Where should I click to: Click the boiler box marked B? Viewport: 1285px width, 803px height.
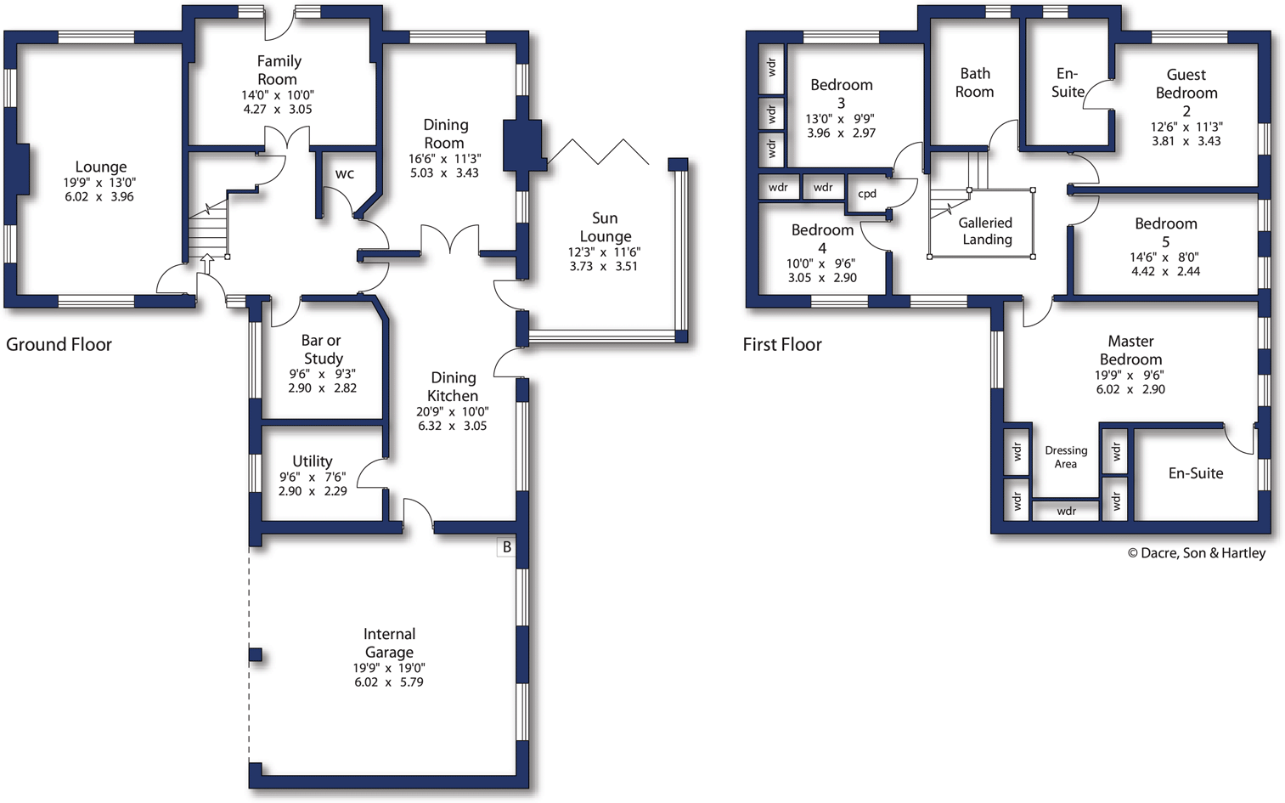[x=507, y=547]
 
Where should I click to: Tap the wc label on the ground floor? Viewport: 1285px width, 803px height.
[x=345, y=173]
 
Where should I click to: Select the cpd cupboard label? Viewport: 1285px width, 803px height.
[x=867, y=194]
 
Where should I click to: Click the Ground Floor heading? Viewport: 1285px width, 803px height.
[x=59, y=344]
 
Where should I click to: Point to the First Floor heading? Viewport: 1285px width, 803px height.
[x=782, y=344]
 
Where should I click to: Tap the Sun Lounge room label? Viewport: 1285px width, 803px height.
[x=606, y=227]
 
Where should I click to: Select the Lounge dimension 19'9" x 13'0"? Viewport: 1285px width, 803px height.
[x=99, y=183]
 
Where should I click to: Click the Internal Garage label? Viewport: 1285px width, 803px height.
[x=389, y=642]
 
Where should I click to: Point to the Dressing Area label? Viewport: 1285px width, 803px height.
[x=1066, y=457]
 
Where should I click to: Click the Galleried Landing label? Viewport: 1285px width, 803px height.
[x=985, y=231]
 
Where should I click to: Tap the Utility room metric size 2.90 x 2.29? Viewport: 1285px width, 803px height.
[x=313, y=491]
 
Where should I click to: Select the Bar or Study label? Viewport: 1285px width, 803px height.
[x=322, y=349]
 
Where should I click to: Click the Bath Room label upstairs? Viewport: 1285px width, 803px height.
[x=975, y=82]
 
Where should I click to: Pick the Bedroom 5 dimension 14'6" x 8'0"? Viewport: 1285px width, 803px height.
[x=1164, y=257]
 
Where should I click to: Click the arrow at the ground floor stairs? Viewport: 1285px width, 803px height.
[x=206, y=263]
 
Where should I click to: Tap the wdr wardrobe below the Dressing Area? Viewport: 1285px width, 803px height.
[x=1067, y=511]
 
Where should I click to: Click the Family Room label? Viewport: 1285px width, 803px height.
[x=279, y=70]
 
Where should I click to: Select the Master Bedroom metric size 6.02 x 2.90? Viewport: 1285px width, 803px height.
[x=1130, y=389]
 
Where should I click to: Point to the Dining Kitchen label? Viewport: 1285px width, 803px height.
[x=453, y=387]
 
